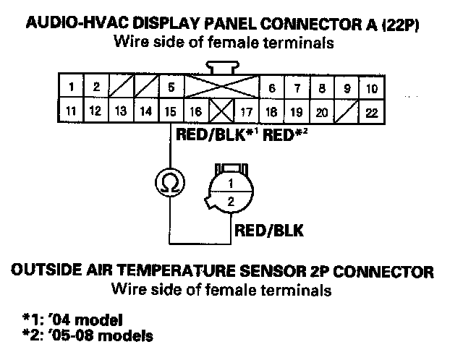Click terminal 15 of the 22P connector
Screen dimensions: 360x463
click(169, 111)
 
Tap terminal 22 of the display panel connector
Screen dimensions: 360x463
click(372, 112)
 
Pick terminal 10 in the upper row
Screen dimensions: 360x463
click(372, 89)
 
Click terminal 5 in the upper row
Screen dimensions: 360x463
click(171, 88)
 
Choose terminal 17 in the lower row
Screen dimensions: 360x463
click(246, 112)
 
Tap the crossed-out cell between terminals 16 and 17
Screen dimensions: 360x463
click(218, 112)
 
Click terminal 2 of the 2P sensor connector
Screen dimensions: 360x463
click(230, 202)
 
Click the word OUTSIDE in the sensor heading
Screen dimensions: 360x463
click(43, 272)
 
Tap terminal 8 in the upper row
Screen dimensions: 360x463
click(322, 89)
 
